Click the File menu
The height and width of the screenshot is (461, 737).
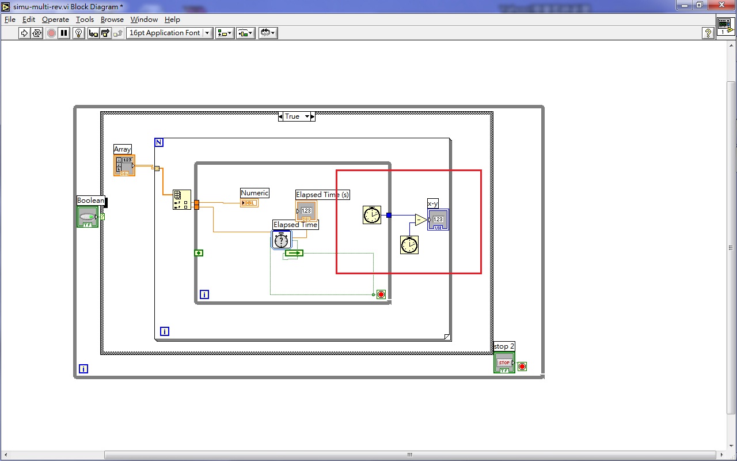[10, 19]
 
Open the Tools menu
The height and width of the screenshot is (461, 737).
[85, 19]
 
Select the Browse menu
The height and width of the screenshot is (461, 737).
[112, 19]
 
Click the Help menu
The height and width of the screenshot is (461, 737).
[172, 19]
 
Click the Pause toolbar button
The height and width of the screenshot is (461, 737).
[64, 33]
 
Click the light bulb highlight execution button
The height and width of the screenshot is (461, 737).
[79, 33]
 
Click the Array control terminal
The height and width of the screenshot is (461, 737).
[124, 165]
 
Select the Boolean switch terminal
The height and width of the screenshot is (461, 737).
[88, 217]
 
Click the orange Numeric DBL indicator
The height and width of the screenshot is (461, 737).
[249, 203]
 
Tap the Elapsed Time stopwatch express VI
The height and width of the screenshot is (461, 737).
[282, 239]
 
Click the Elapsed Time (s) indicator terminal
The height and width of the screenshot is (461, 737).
[306, 211]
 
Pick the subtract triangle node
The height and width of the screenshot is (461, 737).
[421, 220]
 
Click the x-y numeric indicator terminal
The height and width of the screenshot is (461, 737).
[438, 220]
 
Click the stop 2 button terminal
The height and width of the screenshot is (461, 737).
[504, 362]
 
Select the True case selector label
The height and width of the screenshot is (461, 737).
[292, 116]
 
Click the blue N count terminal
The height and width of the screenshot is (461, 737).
[159, 142]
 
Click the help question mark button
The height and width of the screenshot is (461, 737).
[708, 33]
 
